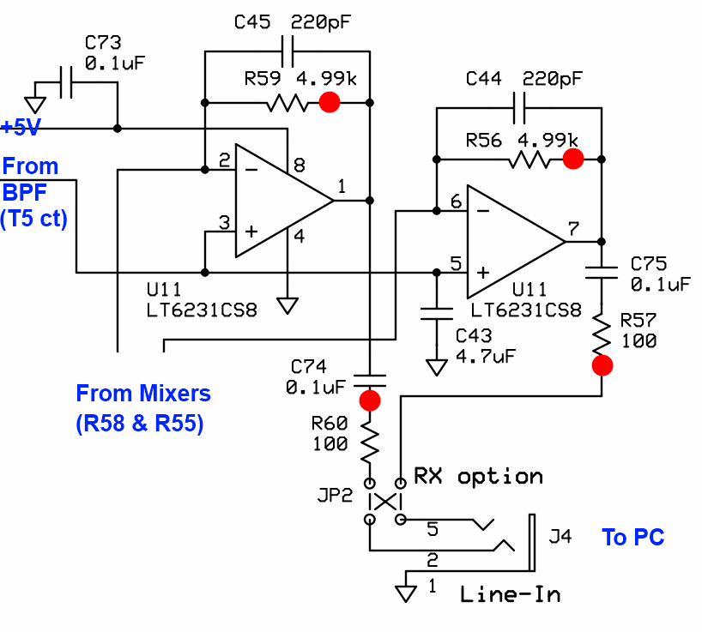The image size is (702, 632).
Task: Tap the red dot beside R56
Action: [x=573, y=159]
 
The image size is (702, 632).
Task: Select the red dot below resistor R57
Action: [x=602, y=366]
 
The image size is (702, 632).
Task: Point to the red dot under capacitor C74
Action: [x=370, y=400]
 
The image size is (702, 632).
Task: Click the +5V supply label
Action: [x=20, y=128]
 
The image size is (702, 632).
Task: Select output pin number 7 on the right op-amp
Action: [x=572, y=229]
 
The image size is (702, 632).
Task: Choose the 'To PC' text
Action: [x=632, y=538]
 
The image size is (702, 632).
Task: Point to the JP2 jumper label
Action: [x=335, y=497]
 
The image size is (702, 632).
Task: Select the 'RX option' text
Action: [x=478, y=476]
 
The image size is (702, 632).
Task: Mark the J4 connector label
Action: [x=560, y=538]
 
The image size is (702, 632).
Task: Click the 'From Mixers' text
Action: [x=142, y=394]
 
